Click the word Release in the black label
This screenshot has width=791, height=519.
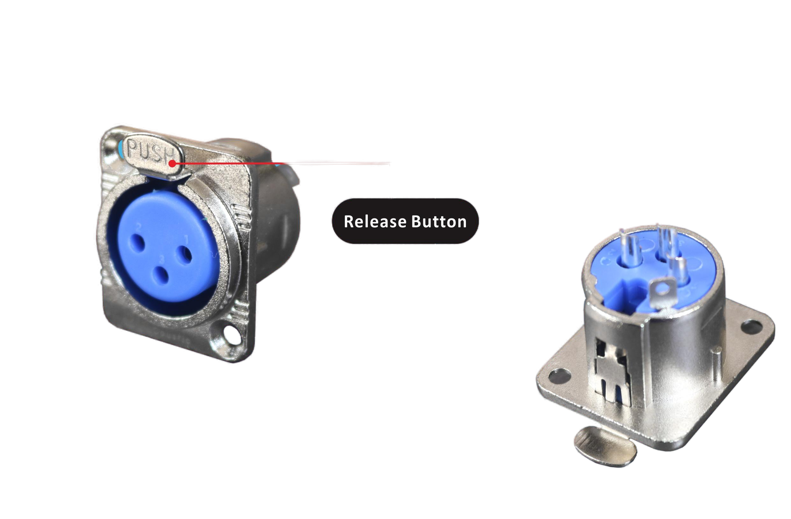coord(375,221)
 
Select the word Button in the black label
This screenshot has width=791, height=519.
coord(439,221)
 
